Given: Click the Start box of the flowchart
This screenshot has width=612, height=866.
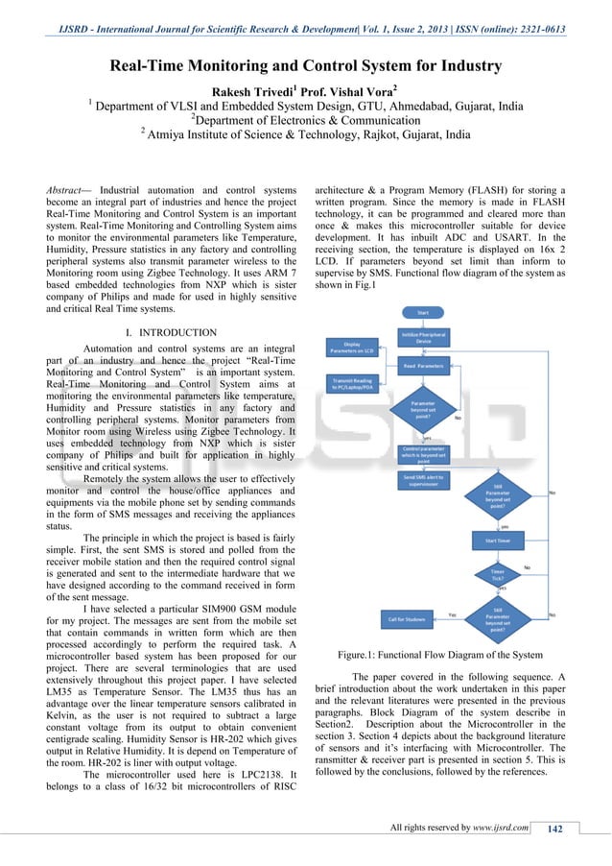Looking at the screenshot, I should coord(423,312).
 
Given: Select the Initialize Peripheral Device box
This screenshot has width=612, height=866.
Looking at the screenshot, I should coord(423,337).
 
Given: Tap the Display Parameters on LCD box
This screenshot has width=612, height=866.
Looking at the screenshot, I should coord(351,348).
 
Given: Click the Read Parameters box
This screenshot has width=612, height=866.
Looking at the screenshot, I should coord(423,366).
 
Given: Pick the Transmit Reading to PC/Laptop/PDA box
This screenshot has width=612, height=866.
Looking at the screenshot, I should coord(351,383).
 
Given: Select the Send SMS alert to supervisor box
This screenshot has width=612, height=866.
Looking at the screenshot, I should coord(423,480).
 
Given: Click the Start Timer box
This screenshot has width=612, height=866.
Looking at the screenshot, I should coord(497,541).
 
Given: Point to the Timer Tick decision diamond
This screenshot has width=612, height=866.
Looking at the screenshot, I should coord(497,575).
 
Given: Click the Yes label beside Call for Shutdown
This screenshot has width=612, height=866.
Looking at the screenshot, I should coord(452,613).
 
